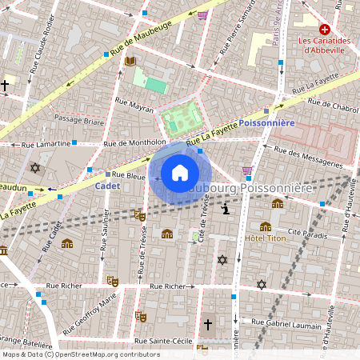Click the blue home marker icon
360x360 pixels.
click(x=180, y=172)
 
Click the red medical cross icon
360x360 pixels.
click(x=325, y=29)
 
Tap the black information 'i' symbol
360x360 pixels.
click(x=226, y=209)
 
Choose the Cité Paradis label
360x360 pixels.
click(x=304, y=232)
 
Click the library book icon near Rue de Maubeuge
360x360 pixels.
click(x=130, y=61)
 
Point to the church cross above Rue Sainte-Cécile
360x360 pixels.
click(x=208, y=325)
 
